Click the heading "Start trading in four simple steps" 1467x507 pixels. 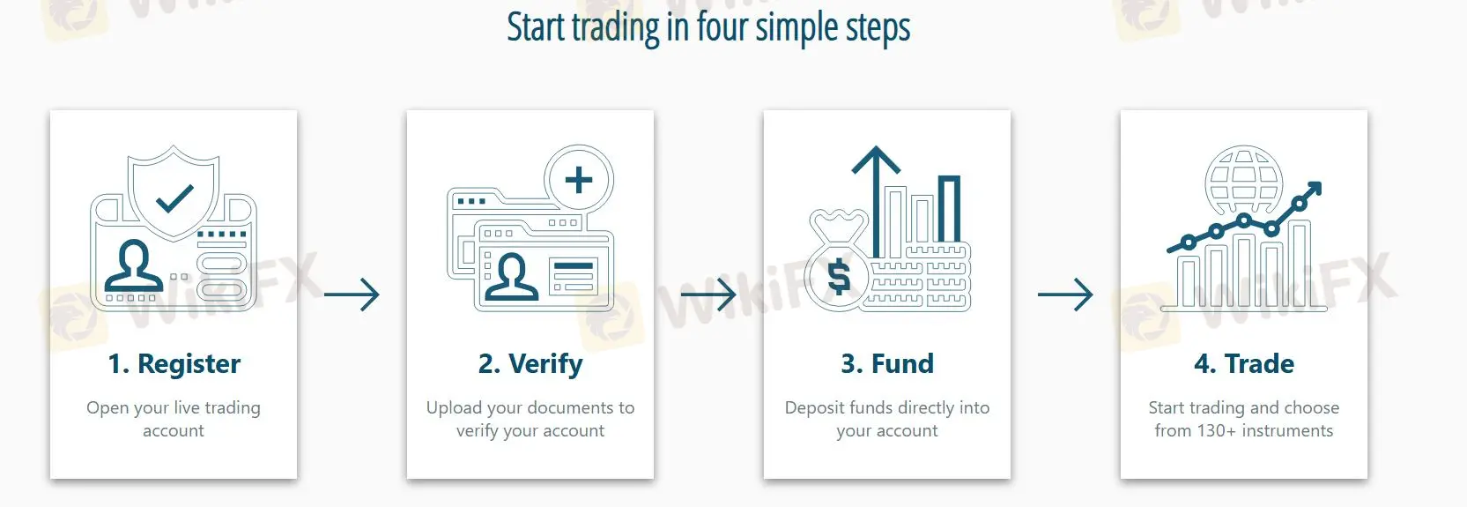pos(708,28)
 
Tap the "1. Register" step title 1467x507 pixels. pos(174,364)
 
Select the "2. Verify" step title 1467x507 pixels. pos(530,364)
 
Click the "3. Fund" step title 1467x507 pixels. pos(886,363)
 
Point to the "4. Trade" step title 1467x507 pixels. pos(1244,363)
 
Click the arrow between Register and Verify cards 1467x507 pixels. pos(352,295)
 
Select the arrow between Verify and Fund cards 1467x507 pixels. pos(708,295)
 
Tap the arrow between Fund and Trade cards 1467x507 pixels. pos(1065,295)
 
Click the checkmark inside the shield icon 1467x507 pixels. pos(174,199)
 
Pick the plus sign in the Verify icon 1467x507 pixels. pos(578,180)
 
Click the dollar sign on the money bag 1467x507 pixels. pos(839,276)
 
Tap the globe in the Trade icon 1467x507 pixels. pos(1244,180)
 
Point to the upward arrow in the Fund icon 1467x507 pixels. pos(877,200)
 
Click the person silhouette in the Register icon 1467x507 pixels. pos(134,266)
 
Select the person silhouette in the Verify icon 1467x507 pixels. pos(511,277)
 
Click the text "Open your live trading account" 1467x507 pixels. pos(174,419)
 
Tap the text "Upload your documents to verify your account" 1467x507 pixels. pos(530,419)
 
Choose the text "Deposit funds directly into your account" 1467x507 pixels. pos(886,419)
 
